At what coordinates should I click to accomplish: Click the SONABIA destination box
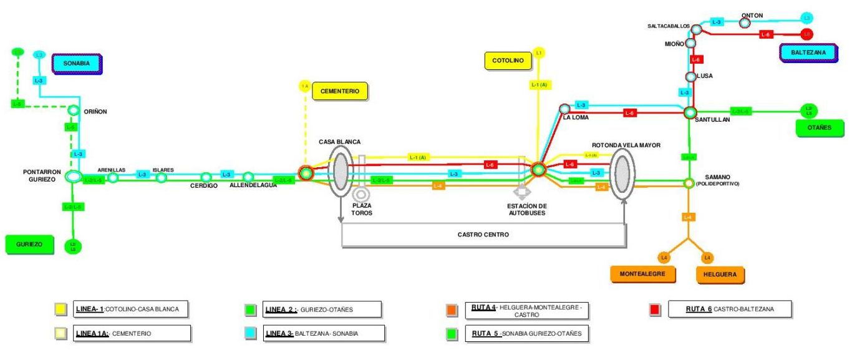point(77,64)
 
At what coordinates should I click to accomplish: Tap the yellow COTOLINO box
point(506,61)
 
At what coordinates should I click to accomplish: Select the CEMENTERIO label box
point(339,91)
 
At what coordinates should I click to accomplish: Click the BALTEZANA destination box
point(808,53)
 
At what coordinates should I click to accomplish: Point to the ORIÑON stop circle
point(73,111)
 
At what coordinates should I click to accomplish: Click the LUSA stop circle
point(690,77)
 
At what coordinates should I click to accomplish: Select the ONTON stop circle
point(744,23)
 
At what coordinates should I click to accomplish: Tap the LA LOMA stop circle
point(564,109)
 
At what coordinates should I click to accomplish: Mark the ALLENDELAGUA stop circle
point(248,177)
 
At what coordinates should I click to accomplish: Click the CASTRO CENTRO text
point(483,235)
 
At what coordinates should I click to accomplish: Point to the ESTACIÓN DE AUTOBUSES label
point(528,209)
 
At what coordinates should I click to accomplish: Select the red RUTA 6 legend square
point(654,309)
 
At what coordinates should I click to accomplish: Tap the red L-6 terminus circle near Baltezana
point(806,34)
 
